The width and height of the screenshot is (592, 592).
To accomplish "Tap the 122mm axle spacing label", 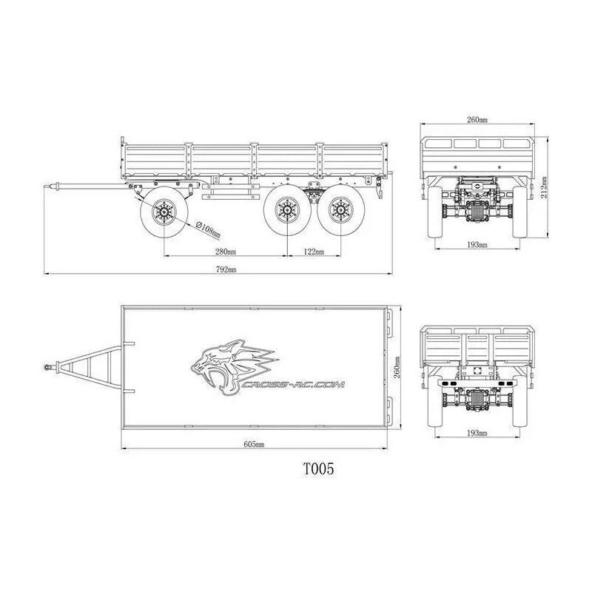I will pyautogui.click(x=314, y=252).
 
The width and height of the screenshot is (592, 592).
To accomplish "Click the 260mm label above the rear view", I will pyautogui.click(x=477, y=119).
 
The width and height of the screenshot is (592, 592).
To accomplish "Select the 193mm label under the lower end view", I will pyautogui.click(x=477, y=431).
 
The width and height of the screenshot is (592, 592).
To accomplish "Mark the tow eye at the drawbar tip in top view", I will pyautogui.click(x=48, y=366).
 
